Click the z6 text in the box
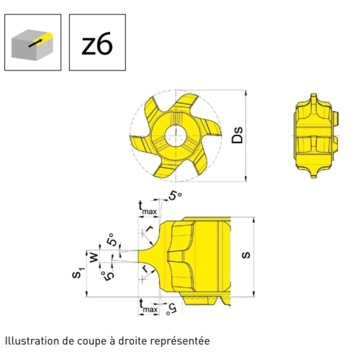click(97, 43)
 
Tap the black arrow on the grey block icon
click(35, 43)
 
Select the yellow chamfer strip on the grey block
click(42, 38)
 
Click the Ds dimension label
click(237, 135)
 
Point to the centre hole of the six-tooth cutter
click(176, 135)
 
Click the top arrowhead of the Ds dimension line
click(246, 93)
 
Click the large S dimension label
click(246, 255)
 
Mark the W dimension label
click(94, 257)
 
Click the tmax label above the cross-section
click(148, 208)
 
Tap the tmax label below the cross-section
click(148, 306)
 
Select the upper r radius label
click(149, 229)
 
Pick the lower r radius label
click(145, 269)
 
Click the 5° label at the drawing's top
click(175, 196)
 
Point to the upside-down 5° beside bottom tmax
click(171, 309)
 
